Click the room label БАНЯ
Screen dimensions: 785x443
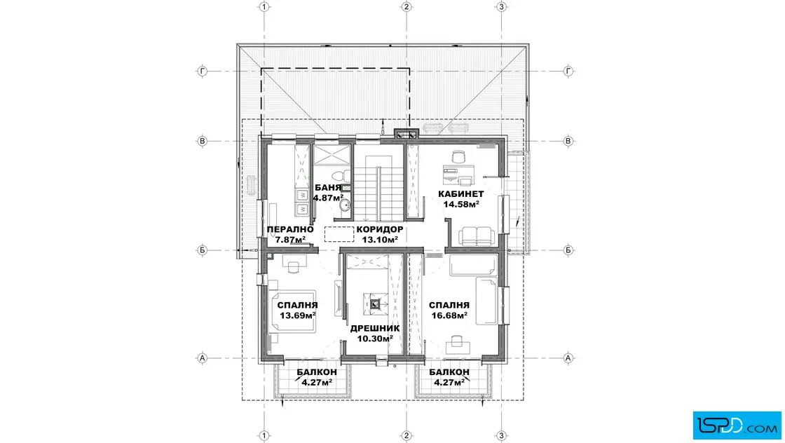[x=328, y=188]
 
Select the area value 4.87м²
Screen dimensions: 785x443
[x=329, y=198]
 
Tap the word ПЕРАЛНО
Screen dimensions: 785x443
[x=290, y=230]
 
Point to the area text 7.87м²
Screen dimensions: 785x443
[x=290, y=240]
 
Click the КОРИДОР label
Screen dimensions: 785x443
[x=380, y=230]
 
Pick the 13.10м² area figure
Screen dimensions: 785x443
[x=380, y=240]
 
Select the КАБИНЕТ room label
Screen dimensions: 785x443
[x=461, y=194]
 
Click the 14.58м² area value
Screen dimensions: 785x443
[x=461, y=204]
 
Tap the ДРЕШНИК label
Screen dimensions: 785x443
[x=375, y=328]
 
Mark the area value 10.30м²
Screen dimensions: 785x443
[x=375, y=339]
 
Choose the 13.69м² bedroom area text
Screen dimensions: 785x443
[x=297, y=315]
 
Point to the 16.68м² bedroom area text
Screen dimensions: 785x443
[x=449, y=315]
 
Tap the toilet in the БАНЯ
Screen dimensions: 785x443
[x=343, y=176]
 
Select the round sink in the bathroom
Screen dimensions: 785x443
[x=344, y=205]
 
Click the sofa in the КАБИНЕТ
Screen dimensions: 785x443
[x=477, y=236]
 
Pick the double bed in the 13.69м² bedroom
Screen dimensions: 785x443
[x=293, y=311]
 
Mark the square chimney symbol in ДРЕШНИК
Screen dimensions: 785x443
[x=375, y=304]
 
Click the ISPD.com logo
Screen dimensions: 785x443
[x=737, y=425]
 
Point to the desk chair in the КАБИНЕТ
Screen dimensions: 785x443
[x=458, y=157]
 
